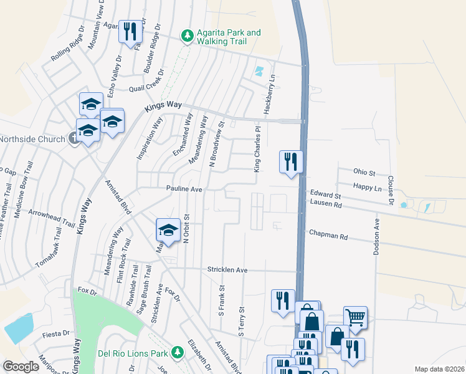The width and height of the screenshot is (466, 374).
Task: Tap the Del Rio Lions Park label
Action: click(133, 353)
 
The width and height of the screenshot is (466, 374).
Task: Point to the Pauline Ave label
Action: click(184, 188)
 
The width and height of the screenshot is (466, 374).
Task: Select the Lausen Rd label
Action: click(326, 204)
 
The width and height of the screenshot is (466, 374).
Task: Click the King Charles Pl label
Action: click(257, 148)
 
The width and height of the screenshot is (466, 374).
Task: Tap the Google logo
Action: click(21, 367)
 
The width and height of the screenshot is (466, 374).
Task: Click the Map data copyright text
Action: click(440, 369)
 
